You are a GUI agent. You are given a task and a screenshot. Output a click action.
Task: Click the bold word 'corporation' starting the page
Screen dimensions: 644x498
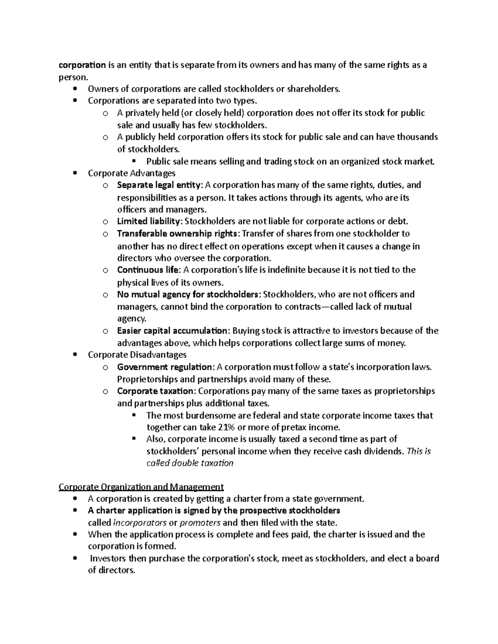(82, 65)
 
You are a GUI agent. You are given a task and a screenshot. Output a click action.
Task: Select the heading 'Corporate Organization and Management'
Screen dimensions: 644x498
(141, 486)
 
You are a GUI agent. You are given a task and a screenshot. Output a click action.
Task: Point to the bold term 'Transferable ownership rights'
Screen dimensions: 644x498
(178, 233)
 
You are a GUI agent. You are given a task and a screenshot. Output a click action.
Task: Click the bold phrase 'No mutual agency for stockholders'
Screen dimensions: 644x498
(188, 294)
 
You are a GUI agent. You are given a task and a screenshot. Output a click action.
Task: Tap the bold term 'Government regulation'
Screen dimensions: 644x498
(165, 367)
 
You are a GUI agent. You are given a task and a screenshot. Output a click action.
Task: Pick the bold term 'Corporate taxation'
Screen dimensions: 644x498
(155, 391)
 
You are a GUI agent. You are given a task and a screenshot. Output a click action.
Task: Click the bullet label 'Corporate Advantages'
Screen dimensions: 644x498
(132, 173)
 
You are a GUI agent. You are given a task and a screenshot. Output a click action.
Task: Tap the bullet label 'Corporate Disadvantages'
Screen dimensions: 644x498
(137, 355)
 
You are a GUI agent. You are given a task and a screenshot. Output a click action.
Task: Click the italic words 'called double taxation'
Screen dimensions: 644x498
(190, 463)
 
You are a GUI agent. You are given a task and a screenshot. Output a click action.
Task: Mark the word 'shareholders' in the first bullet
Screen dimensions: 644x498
(313, 89)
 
